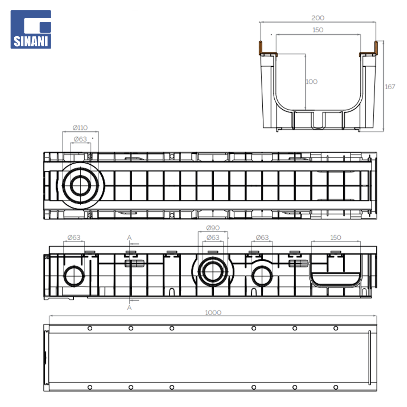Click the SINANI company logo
31,29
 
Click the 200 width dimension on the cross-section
318,18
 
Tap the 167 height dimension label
390,87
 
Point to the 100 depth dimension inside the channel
312,81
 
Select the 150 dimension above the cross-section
318,30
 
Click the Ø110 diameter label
80,128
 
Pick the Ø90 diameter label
213,228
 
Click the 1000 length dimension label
213,312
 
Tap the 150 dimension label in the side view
336,237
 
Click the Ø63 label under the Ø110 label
80,139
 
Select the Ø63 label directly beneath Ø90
213,237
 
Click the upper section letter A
129,237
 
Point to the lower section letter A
129,308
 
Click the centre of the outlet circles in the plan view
81,185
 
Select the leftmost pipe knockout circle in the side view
74,276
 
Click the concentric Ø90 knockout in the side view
213,271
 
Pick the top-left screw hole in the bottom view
90,328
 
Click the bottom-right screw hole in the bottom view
336,387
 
